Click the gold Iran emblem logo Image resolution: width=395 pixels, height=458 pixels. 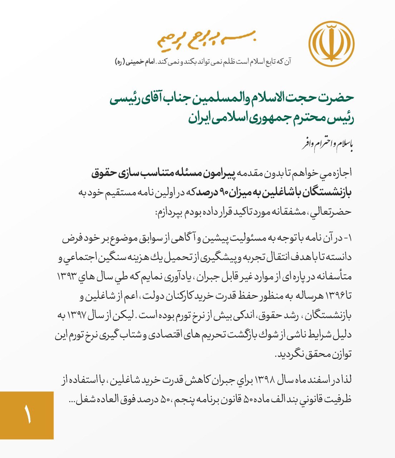331,44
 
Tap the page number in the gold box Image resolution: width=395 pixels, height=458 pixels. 27,415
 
